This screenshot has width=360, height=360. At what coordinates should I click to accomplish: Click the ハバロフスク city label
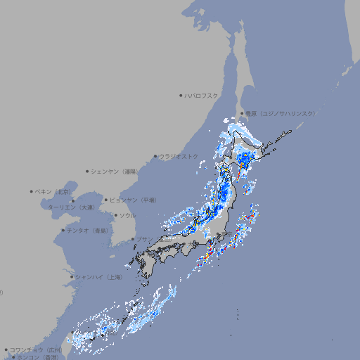(x=202, y=95)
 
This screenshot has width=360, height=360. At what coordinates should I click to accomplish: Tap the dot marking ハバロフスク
(x=181, y=95)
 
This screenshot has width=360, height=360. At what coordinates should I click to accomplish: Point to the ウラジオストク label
(x=179, y=156)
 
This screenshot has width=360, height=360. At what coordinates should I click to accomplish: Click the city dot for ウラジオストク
(x=155, y=157)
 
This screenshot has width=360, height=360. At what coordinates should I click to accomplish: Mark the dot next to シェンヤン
(x=87, y=171)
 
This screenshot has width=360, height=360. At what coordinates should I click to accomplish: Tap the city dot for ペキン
(x=32, y=191)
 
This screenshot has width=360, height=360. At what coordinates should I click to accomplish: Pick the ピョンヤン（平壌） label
(x=133, y=200)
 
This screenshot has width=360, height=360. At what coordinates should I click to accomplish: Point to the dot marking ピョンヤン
(x=106, y=200)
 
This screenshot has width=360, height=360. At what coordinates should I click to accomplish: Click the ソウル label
(x=127, y=215)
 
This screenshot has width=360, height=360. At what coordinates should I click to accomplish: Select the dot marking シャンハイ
(x=72, y=277)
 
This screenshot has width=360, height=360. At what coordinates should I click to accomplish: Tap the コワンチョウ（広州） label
(x=36, y=349)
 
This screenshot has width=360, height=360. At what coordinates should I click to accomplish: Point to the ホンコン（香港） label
(x=35, y=357)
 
